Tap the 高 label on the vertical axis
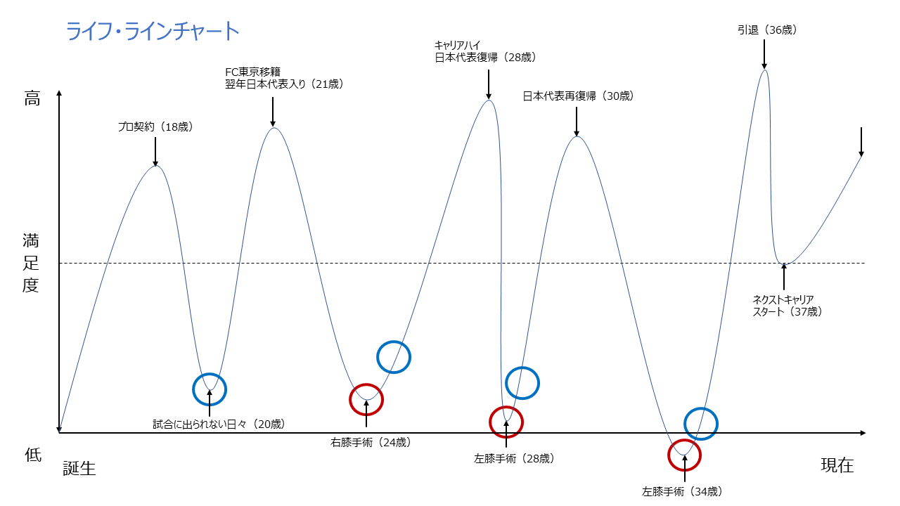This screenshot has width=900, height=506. pos(32,99)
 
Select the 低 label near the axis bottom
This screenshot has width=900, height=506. pos(32,455)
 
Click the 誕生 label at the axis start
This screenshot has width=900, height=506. pos(79,468)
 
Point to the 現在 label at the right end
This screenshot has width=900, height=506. pos(837,465)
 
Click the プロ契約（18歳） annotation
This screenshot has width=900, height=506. pos(155,127)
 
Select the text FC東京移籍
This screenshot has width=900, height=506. pos(252,71)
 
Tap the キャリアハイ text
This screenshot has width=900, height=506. pos(458,45)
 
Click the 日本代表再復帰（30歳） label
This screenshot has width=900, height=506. pos(578,96)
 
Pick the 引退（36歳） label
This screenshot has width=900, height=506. pos(766,30)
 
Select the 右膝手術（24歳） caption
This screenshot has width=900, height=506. pos(371,443)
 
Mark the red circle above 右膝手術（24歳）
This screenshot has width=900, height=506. pos(366,400)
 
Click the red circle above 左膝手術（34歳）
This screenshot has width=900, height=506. pos(684,455)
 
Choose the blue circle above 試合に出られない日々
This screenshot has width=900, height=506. pos(210,389)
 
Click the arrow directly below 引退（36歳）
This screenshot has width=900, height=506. pos(764,55)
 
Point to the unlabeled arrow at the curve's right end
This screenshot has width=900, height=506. pos(861,142)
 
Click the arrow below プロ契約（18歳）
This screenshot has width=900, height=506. pos(155,150)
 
